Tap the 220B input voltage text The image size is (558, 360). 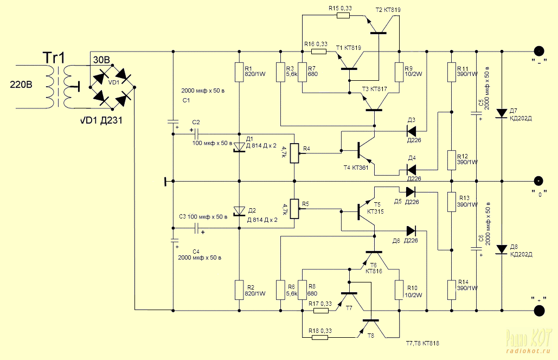tap(21, 85)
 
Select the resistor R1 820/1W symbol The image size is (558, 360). tap(239, 73)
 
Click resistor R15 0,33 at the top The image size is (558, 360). tap(343, 15)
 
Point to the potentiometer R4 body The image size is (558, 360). tap(294, 153)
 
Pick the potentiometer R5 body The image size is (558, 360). tap(294, 209)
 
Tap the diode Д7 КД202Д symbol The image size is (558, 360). tap(502, 113)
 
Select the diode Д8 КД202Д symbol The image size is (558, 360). tap(502, 249)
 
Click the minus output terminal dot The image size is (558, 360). tap(539, 52)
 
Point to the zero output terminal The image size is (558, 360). tap(539, 181)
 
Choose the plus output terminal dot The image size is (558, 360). tap(539, 311)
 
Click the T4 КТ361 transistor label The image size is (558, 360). tap(356, 168)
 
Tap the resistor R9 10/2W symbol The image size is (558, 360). tap(399, 73)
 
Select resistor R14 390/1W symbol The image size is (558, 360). tap(451, 290)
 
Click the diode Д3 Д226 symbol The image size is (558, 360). tap(412, 131)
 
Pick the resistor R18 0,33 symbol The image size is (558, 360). tap(319, 337)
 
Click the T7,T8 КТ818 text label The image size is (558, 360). tap(422, 343)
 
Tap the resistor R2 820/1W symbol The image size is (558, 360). tap(239, 290)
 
